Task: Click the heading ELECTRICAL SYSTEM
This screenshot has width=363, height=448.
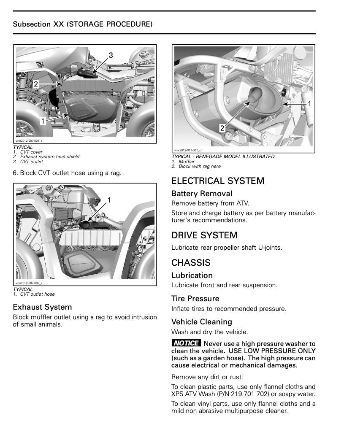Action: tap(218, 181)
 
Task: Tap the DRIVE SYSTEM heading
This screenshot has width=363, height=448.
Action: tap(204, 235)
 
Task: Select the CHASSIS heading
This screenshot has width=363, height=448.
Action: tap(191, 263)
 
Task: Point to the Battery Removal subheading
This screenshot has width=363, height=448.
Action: tap(202, 194)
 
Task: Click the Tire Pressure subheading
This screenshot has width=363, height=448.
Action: tap(195, 299)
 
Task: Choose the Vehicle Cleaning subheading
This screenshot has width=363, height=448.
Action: tap(202, 322)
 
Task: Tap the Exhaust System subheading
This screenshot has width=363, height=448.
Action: tap(42, 307)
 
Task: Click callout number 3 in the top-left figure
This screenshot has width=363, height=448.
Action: tap(111, 55)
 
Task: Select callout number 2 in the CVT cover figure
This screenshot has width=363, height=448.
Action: tap(36, 84)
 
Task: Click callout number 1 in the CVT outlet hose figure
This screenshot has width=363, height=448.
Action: tap(109, 200)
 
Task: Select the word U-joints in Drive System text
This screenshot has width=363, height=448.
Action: tap(270, 248)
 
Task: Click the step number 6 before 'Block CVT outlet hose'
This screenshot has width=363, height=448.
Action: tap(15, 173)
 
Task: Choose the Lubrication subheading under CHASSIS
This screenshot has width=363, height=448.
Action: tap(192, 275)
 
